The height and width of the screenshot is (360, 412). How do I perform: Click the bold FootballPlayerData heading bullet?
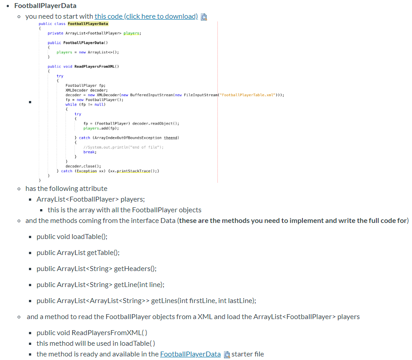[45, 6]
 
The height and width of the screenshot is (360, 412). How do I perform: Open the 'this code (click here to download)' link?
[146, 16]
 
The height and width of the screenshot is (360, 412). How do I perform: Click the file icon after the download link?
[204, 17]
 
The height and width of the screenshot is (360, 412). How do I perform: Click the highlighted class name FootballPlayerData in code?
[88, 24]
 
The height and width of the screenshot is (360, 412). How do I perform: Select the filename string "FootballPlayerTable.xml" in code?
[251, 95]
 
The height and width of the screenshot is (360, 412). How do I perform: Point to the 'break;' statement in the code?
[90, 152]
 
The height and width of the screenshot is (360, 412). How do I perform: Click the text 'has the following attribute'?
[66, 189]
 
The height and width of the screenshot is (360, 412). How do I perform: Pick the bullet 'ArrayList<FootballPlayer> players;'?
[91, 199]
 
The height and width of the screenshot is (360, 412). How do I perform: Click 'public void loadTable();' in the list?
[72, 237]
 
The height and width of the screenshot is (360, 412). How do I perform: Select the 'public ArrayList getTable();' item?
[78, 253]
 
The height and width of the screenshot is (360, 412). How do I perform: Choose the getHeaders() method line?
[97, 269]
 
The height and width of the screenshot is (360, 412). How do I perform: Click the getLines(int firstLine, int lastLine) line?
[147, 301]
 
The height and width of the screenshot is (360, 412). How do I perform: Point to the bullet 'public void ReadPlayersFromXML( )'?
[92, 333]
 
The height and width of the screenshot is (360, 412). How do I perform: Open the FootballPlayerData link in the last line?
[190, 354]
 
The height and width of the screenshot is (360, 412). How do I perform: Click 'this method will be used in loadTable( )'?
[96, 344]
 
